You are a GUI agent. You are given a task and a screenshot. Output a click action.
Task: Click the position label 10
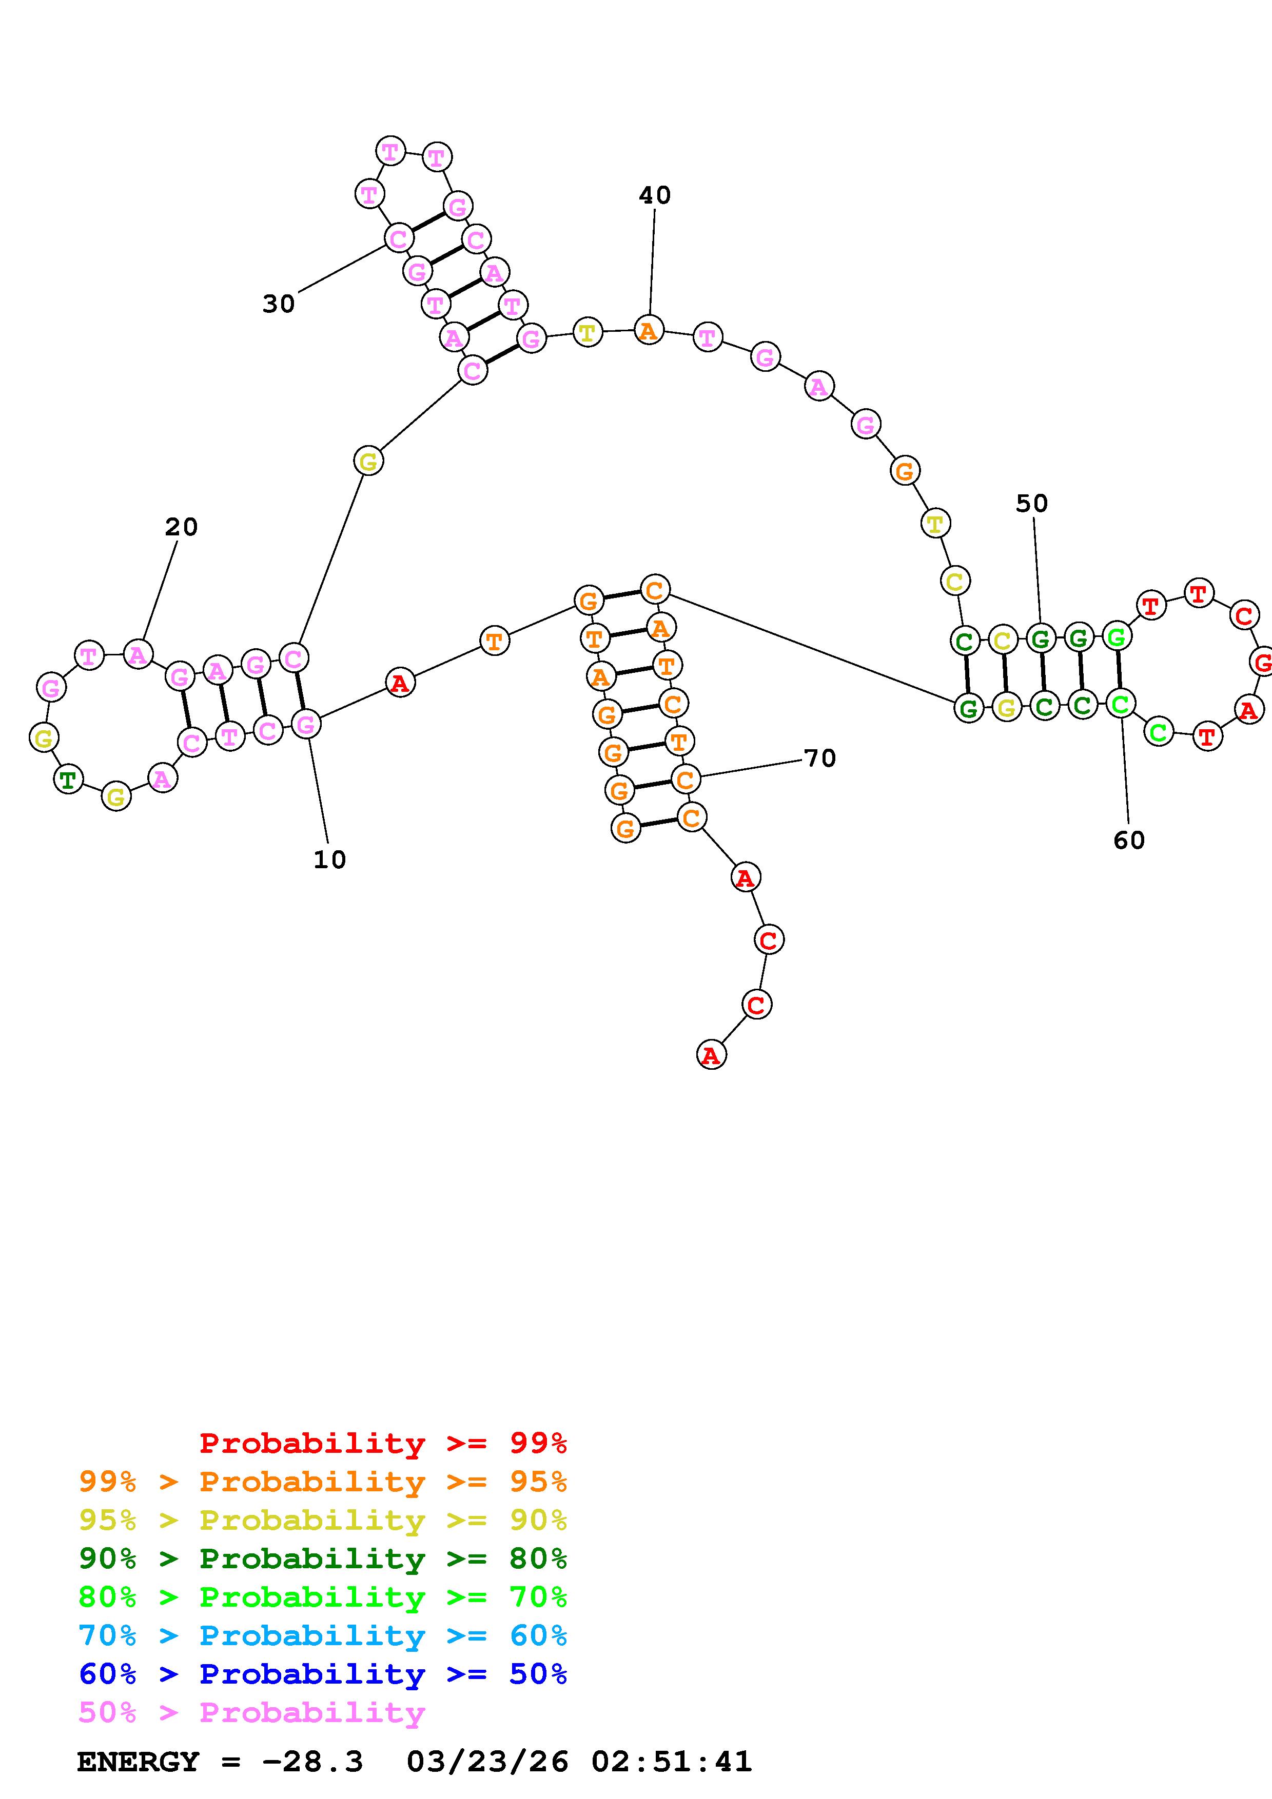coord(329,859)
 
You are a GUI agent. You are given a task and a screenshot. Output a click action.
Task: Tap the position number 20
coord(181,527)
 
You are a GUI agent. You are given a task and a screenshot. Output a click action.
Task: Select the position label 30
coord(278,304)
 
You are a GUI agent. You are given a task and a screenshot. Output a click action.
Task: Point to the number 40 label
coord(654,195)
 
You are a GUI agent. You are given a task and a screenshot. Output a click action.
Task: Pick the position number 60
coord(1128,841)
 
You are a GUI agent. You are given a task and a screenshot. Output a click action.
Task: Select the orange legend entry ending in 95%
coord(323,1482)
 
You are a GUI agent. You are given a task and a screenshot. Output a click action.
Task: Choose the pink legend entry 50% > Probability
coord(251,1713)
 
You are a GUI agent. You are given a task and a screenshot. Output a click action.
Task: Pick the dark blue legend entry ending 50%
coord(323,1674)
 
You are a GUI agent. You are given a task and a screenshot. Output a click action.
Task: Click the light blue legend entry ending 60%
coord(323,1635)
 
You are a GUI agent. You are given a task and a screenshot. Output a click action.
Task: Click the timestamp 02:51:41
coord(672,1762)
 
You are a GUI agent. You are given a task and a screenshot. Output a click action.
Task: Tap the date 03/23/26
coord(487,1762)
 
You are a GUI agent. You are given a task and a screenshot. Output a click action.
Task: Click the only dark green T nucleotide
coord(69,779)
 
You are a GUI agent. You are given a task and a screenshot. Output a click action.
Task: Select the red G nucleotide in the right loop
coord(1261,663)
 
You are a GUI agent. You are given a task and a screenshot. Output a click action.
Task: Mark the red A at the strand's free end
coord(711,1055)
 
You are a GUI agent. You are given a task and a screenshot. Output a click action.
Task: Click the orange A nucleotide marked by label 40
coord(648,331)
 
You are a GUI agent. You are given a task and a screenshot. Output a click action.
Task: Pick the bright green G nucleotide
coord(1116,636)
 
